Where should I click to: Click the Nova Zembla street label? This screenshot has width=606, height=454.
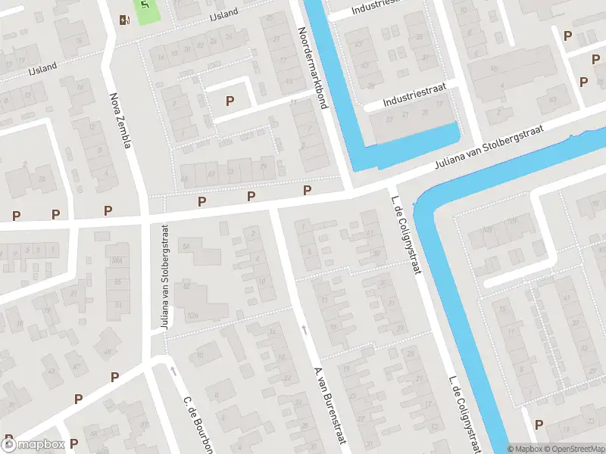120,120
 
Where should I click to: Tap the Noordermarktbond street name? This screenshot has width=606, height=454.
312,68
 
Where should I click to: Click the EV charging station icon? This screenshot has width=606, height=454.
123,20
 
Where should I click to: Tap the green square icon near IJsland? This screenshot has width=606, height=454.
146,10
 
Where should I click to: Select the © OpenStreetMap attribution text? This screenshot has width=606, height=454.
573,449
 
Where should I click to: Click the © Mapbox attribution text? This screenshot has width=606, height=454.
525,449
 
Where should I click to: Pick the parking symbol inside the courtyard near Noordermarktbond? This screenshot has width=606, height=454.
230,101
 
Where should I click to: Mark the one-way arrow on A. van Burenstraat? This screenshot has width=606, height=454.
305,329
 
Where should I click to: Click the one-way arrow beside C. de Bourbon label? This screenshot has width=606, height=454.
173,371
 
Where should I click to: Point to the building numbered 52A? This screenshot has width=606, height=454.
192,316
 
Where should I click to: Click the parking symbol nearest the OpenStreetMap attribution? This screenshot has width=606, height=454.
539,424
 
